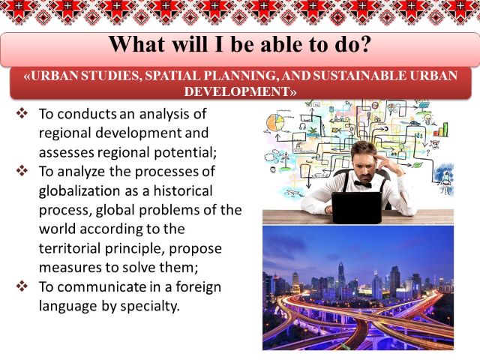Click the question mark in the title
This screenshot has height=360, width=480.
coord(363,44)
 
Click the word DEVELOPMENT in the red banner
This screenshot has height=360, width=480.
coord(238,91)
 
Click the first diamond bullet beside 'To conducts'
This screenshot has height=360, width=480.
coord(22,113)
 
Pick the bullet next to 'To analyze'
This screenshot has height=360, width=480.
coord(22,171)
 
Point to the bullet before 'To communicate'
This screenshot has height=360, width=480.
coord(22,286)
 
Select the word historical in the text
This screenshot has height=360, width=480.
coord(183,190)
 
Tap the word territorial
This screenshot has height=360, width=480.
coord(70,248)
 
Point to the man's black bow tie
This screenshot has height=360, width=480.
coord(363,184)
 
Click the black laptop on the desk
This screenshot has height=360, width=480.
coord(357,208)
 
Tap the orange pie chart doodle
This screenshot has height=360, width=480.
coord(275,123)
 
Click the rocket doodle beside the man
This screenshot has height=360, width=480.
coord(445,178)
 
